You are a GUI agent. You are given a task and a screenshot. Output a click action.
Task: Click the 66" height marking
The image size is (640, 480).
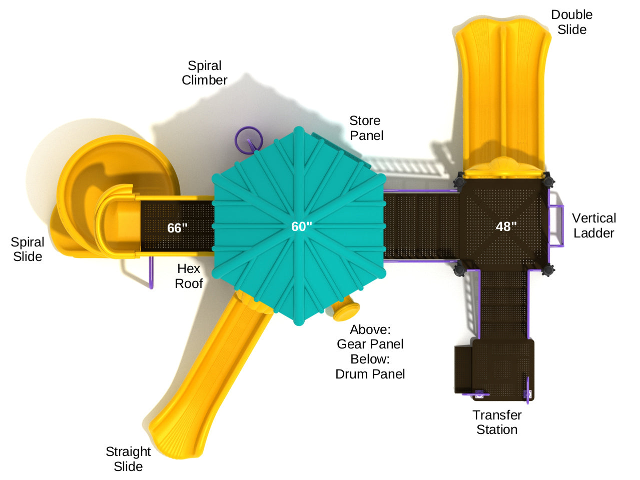pos(177,228)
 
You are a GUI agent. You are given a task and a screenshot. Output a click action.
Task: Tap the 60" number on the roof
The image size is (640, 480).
pos(301,226)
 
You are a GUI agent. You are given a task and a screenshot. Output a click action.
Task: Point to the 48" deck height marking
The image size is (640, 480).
pos(506,226)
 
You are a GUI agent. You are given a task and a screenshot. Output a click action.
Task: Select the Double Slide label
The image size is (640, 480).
pos(571,22)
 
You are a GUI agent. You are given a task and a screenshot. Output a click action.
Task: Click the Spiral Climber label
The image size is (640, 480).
pos(204,73)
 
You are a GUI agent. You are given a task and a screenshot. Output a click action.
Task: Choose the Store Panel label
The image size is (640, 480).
pos(366,128)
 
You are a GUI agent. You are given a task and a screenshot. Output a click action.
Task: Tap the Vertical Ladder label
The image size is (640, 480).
pos(594,225)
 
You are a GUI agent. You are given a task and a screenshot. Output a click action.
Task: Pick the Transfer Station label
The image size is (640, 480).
pos(497,422)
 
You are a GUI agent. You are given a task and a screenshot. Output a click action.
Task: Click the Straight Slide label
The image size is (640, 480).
pos(128,459)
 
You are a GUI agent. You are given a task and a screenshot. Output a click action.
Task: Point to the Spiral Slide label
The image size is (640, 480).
pos(28,249)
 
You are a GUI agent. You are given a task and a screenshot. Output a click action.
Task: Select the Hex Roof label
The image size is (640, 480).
pos(189,276)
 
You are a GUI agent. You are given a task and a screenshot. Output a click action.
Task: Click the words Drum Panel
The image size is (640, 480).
pos(370,374)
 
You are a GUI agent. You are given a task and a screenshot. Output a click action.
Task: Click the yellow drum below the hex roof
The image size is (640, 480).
pos(345,310)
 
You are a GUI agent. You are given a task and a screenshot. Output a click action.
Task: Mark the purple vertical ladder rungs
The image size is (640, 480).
pos(556,226)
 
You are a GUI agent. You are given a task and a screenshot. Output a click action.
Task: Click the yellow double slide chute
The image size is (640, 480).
pos(502,95)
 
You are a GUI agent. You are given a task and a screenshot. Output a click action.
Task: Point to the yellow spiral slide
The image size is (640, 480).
pos(100,195)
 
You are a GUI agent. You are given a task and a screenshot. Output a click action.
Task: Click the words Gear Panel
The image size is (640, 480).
pos(370,344)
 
